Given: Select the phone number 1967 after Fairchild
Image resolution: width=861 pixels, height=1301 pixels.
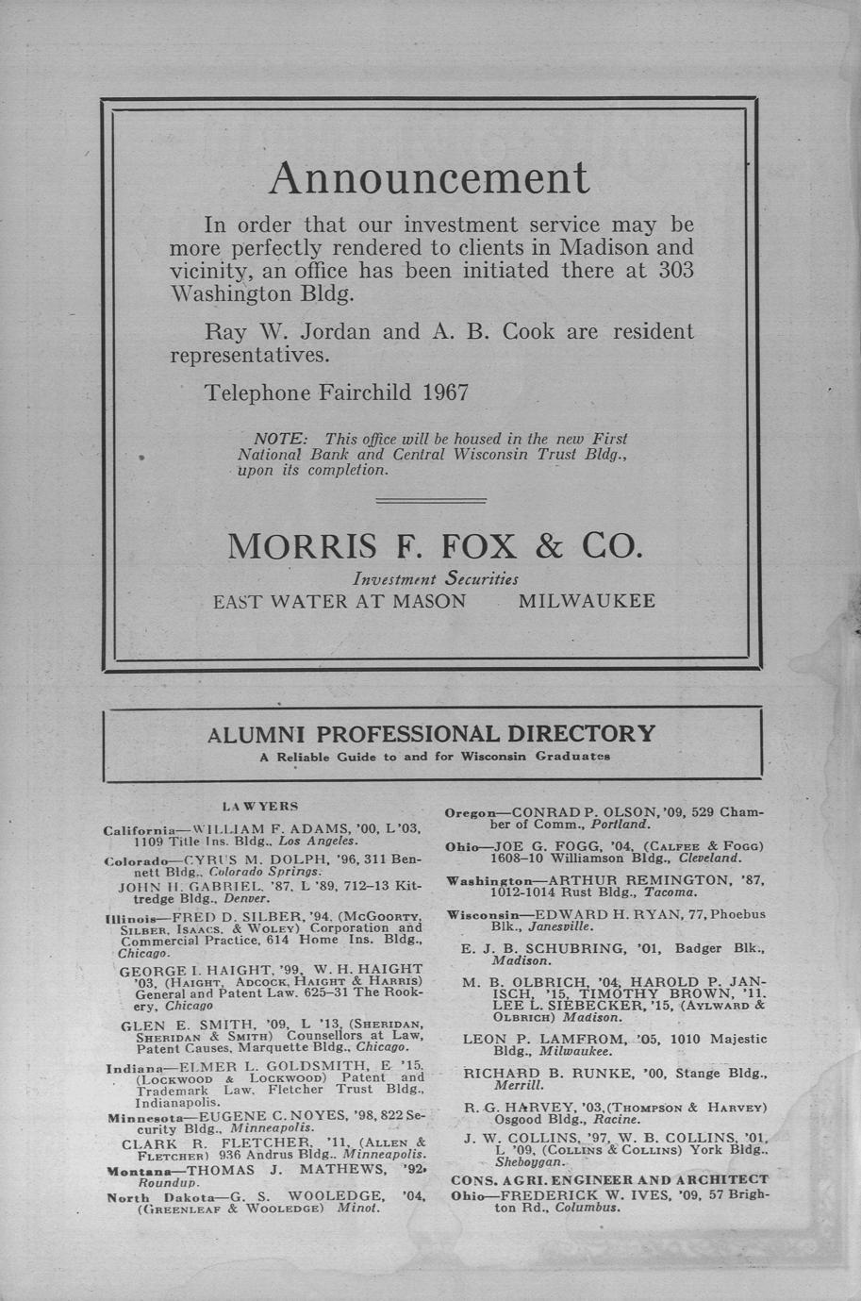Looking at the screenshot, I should click(446, 392).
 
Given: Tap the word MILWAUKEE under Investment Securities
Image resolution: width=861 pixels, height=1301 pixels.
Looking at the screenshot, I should click(587, 601).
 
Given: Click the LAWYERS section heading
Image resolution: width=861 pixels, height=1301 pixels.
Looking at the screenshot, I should click(259, 806).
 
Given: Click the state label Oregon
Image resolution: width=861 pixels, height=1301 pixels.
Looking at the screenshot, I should click(470, 812).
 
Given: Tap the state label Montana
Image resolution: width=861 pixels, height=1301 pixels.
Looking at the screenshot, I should click(132, 1170).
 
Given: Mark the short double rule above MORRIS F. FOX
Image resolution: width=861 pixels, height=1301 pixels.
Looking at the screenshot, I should click(431, 500).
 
